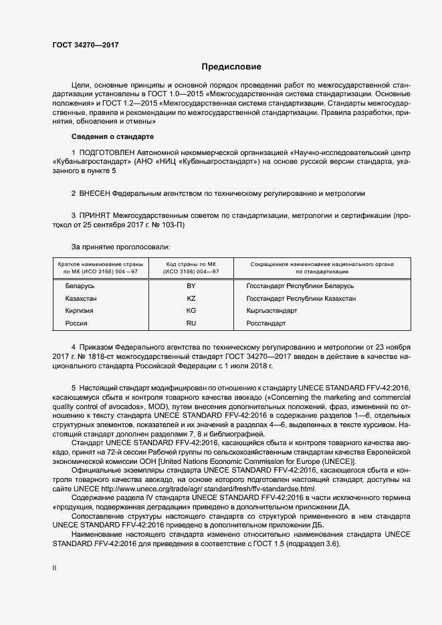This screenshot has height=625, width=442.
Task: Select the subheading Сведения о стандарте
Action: click(112, 137)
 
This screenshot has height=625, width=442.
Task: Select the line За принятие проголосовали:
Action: click(115, 247)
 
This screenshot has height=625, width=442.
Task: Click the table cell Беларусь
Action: click(80, 286)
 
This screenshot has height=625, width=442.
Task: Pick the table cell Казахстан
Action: click(82, 298)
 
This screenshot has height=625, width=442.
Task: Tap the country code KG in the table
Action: click(191, 311)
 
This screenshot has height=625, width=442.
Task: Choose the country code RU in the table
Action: click(191, 324)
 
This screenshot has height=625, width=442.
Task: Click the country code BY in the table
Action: click(191, 286)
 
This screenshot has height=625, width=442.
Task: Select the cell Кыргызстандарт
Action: click(271, 311)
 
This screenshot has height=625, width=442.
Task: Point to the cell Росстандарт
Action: click(265, 324)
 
